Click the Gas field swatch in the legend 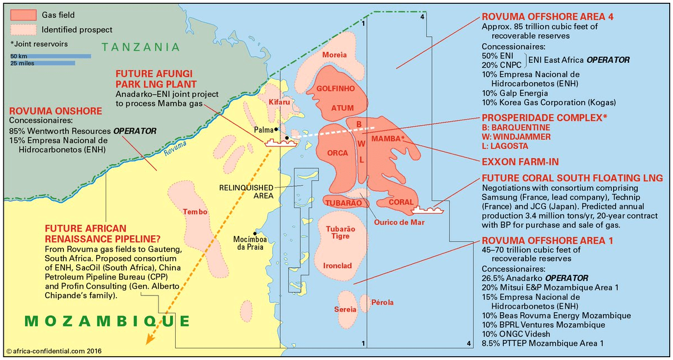pyautogui.click(x=23, y=15)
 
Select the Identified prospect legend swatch pyautogui.click(x=23, y=29)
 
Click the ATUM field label pyautogui.click(x=342, y=108)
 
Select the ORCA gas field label pyautogui.click(x=338, y=152)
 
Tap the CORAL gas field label pyautogui.click(x=400, y=203)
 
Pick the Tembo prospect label pyautogui.click(x=195, y=212)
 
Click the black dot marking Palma pyautogui.click(x=276, y=129)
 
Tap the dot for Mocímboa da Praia pyautogui.click(x=255, y=233)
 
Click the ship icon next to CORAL pyautogui.click(x=428, y=210)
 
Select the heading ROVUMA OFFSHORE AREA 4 pyautogui.click(x=540, y=16)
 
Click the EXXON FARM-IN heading pyautogui.click(x=520, y=162)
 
